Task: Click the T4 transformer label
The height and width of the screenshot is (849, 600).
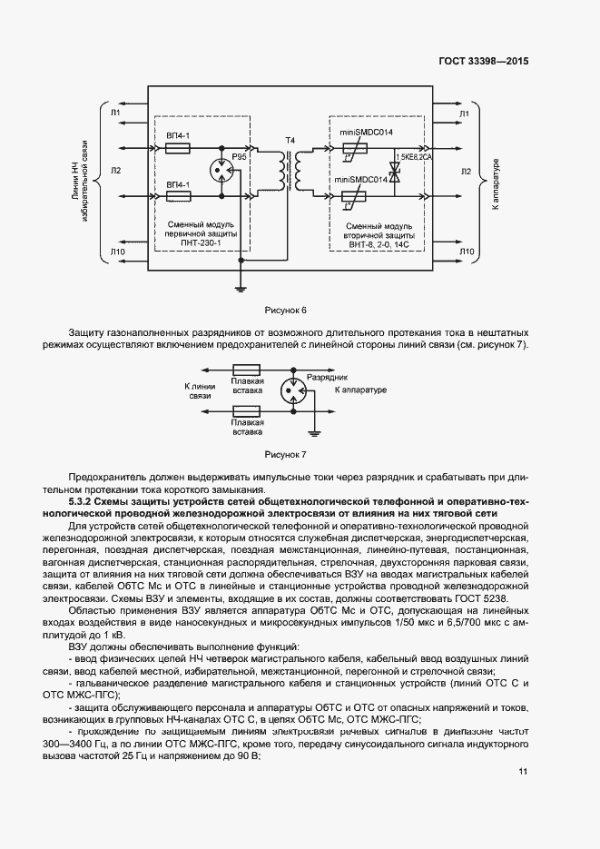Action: [290, 140]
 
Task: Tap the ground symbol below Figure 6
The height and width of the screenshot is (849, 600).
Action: [241, 289]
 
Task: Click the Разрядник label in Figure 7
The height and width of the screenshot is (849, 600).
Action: [327, 375]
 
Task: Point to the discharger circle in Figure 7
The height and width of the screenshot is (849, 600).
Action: [291, 390]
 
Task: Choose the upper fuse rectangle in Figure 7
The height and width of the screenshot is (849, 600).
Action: [247, 370]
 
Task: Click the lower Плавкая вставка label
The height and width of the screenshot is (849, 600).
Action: [247, 428]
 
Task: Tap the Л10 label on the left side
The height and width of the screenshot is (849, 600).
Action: [116, 252]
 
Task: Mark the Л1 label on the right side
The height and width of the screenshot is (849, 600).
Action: [464, 113]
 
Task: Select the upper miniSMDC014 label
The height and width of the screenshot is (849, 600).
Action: [366, 133]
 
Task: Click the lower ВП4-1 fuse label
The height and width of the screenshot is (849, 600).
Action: [178, 183]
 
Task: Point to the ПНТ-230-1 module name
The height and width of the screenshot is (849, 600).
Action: [201, 242]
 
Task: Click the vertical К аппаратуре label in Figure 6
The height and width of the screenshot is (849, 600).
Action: [496, 186]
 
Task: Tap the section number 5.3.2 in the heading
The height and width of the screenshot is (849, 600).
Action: [84, 500]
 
